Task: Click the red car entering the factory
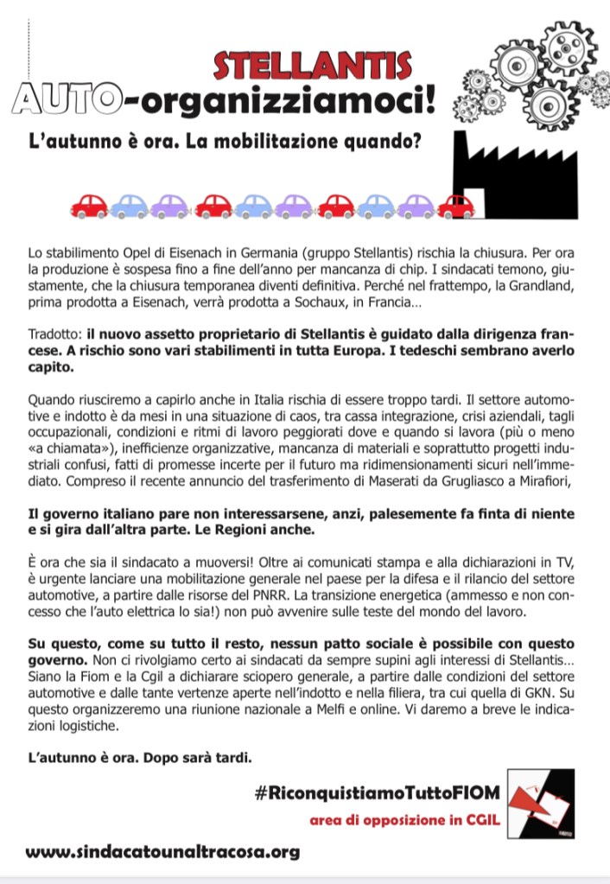point(454,206)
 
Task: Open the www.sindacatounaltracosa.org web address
point(162,851)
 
